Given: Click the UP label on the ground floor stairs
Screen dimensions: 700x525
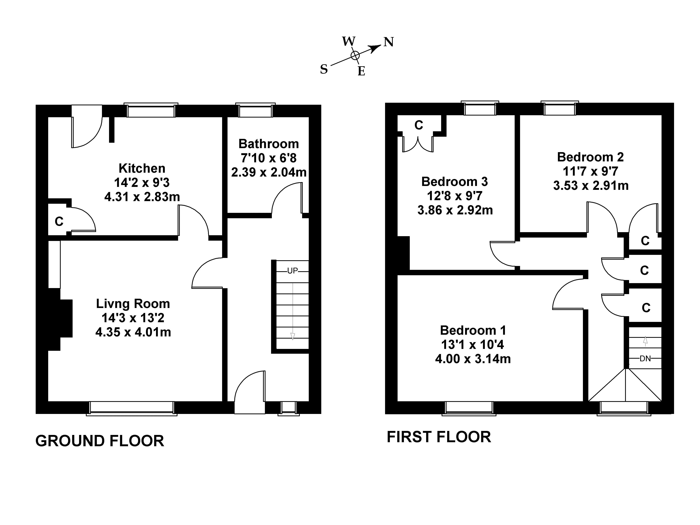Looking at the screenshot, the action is pyautogui.click(x=292, y=271).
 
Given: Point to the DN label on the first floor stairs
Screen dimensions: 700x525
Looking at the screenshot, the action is pyautogui.click(x=645, y=358).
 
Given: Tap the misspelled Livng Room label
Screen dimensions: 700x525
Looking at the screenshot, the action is pyautogui.click(x=133, y=304).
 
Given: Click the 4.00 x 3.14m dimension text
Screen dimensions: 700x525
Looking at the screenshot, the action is pyautogui.click(x=473, y=359).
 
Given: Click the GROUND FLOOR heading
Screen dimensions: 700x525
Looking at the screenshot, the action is pyautogui.click(x=100, y=441).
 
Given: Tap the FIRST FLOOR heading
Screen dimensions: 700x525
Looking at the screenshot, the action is pyautogui.click(x=439, y=437).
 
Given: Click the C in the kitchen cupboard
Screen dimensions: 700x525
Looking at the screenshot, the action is pyautogui.click(x=59, y=221).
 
